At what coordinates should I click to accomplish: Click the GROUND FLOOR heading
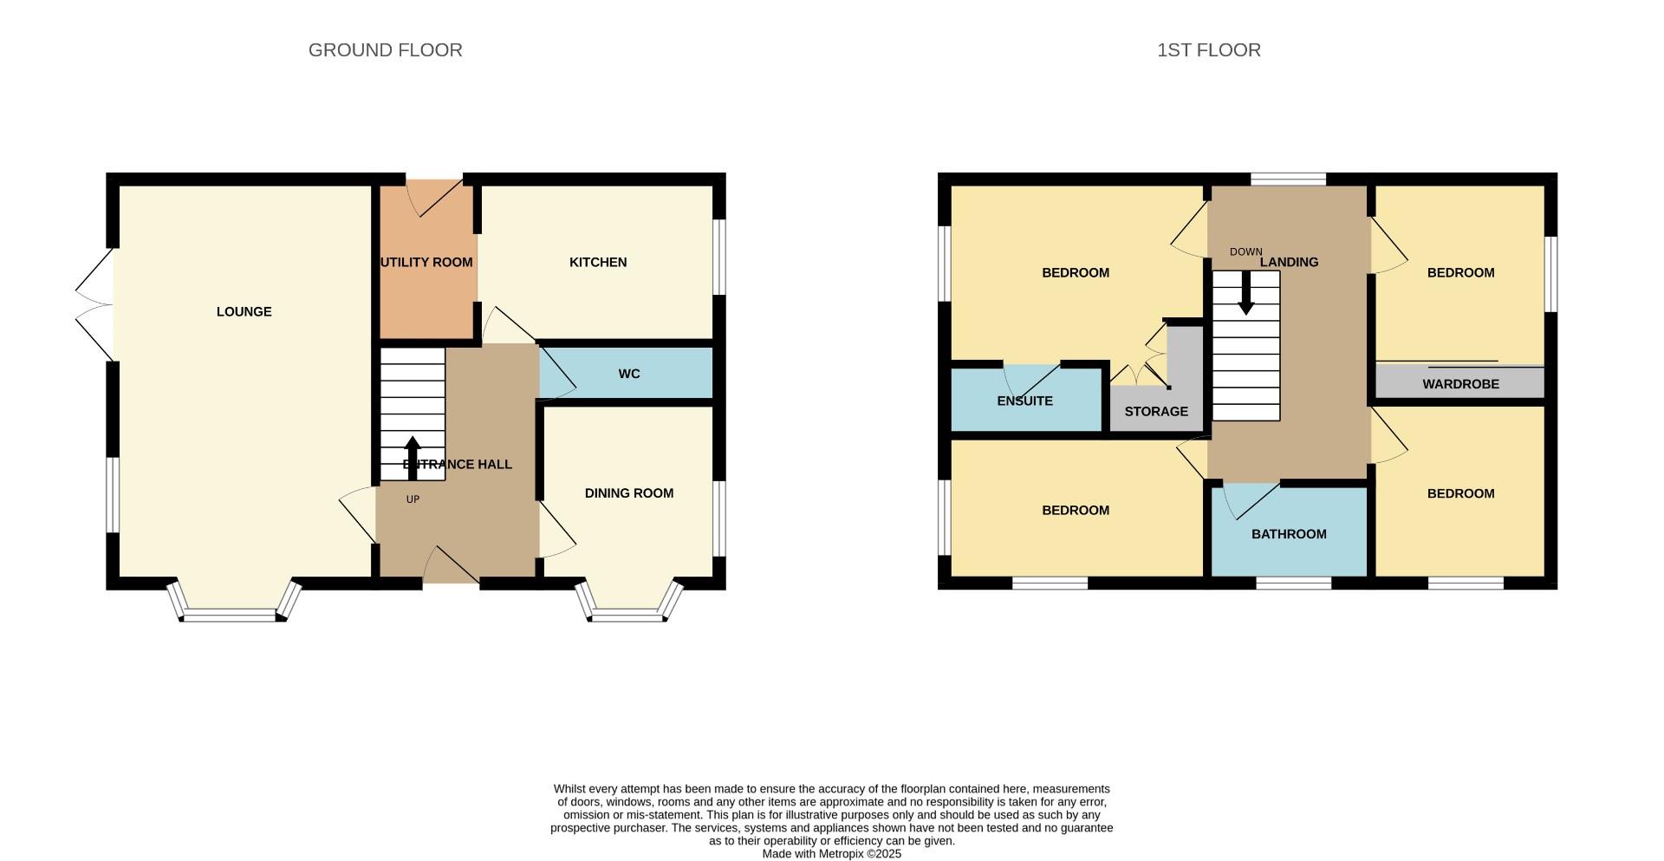385,50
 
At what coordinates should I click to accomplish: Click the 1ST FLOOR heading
1208,50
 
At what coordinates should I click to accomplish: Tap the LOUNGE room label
244,311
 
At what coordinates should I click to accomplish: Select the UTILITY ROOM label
426,262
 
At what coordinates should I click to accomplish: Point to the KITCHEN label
597,262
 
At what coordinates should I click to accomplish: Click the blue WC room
628,373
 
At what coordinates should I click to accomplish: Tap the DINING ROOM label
628,492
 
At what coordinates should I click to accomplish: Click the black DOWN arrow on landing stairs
1245,293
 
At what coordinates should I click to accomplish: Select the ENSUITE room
1024,401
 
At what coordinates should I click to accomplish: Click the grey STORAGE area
1156,411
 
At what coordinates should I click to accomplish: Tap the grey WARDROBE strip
1459,383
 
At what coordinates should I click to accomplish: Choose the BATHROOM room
1288,533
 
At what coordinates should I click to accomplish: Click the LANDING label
1289,262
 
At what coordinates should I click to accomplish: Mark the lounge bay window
233,611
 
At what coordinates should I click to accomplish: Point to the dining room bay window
628,612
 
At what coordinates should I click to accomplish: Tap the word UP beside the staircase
413,499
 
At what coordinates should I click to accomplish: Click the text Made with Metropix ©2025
831,853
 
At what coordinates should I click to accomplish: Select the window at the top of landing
1288,179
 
